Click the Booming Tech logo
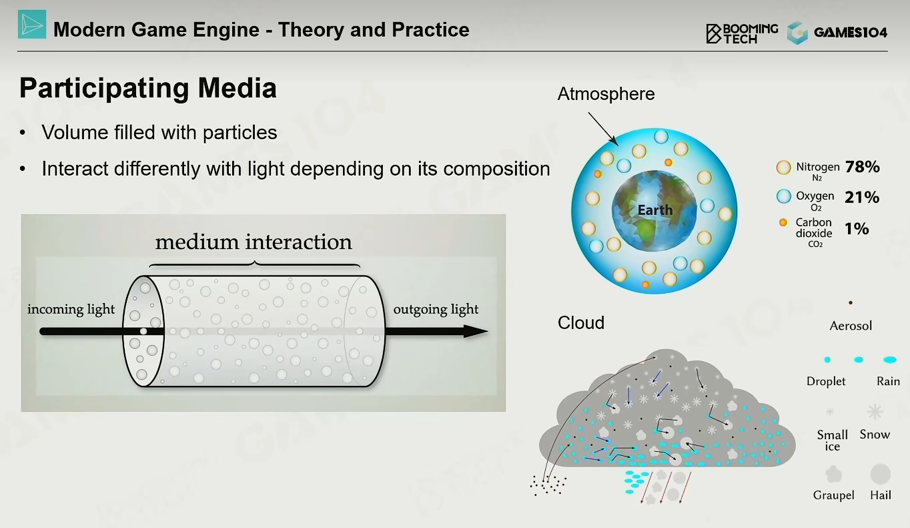742,33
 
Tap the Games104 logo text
851,32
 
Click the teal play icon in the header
31,25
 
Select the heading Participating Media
148,88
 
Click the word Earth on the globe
655,210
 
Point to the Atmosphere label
606,94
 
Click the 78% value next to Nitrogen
862,167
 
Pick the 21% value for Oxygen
862,198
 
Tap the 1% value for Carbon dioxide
857,229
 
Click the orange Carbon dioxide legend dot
783,222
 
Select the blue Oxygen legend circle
784,196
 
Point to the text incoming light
71,309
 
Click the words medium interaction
254,242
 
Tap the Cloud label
581,322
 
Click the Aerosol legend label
851,326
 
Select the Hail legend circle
881,474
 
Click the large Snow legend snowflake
875,412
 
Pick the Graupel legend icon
833,474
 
